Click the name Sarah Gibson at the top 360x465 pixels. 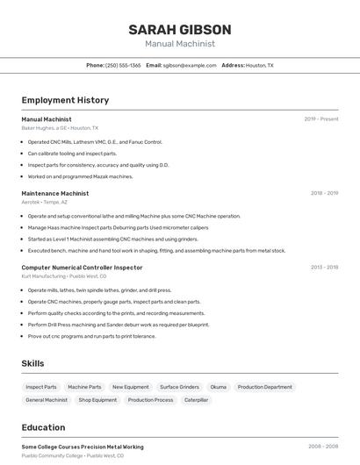click(180, 29)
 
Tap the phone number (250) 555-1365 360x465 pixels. click(123, 65)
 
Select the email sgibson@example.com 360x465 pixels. click(190, 65)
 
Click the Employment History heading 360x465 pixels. click(65, 100)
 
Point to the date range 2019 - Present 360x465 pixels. click(320, 118)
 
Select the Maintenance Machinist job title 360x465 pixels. click(54, 193)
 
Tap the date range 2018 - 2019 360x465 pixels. click(324, 193)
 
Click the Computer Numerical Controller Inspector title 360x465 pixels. click(82, 267)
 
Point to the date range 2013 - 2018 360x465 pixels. click(324, 267)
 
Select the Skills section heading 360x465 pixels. click(32, 363)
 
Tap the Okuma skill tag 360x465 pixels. click(218, 387)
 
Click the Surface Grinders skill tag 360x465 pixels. click(179, 387)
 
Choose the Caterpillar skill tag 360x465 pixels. click(196, 400)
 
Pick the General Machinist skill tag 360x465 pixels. click(47, 400)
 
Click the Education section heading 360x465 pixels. click(43, 427)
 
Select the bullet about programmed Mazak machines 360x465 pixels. click(80, 176)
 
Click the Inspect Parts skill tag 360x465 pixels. click(41, 387)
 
